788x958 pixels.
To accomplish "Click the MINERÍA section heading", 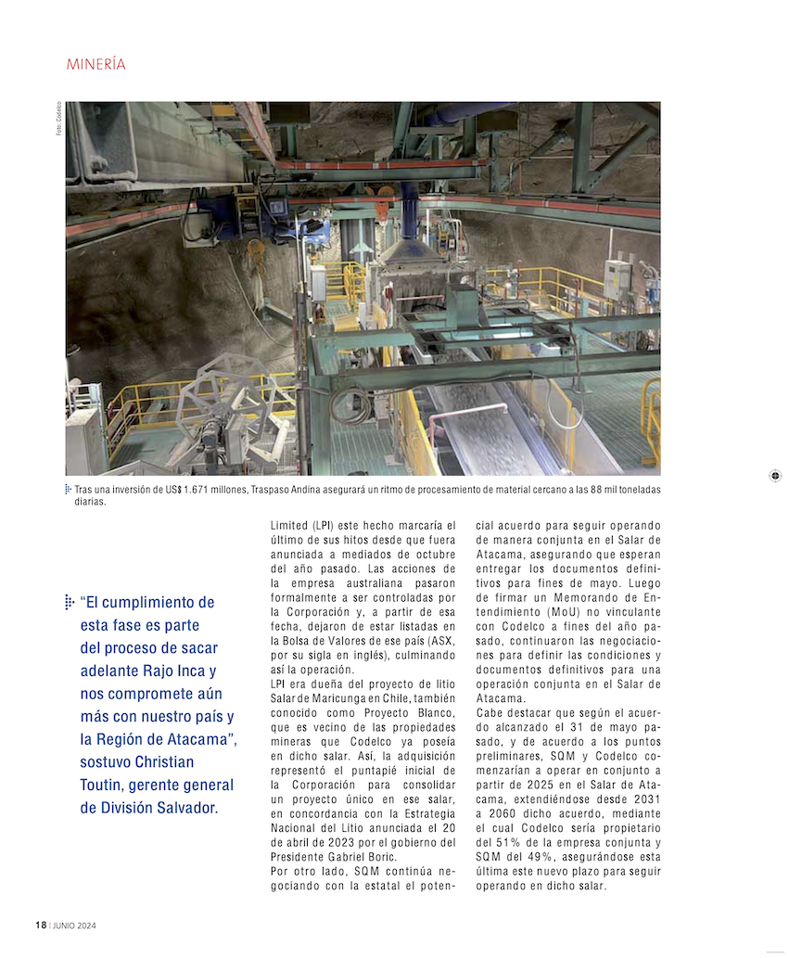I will pyautogui.click(x=95, y=65).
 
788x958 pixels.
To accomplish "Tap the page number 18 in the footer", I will pyautogui.click(x=41, y=926).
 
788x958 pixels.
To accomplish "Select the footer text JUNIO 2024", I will pyautogui.click(x=74, y=926).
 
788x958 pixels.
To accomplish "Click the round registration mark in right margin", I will pyautogui.click(x=775, y=476).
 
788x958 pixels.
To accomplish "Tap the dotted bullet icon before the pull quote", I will pyautogui.click(x=69, y=603).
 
